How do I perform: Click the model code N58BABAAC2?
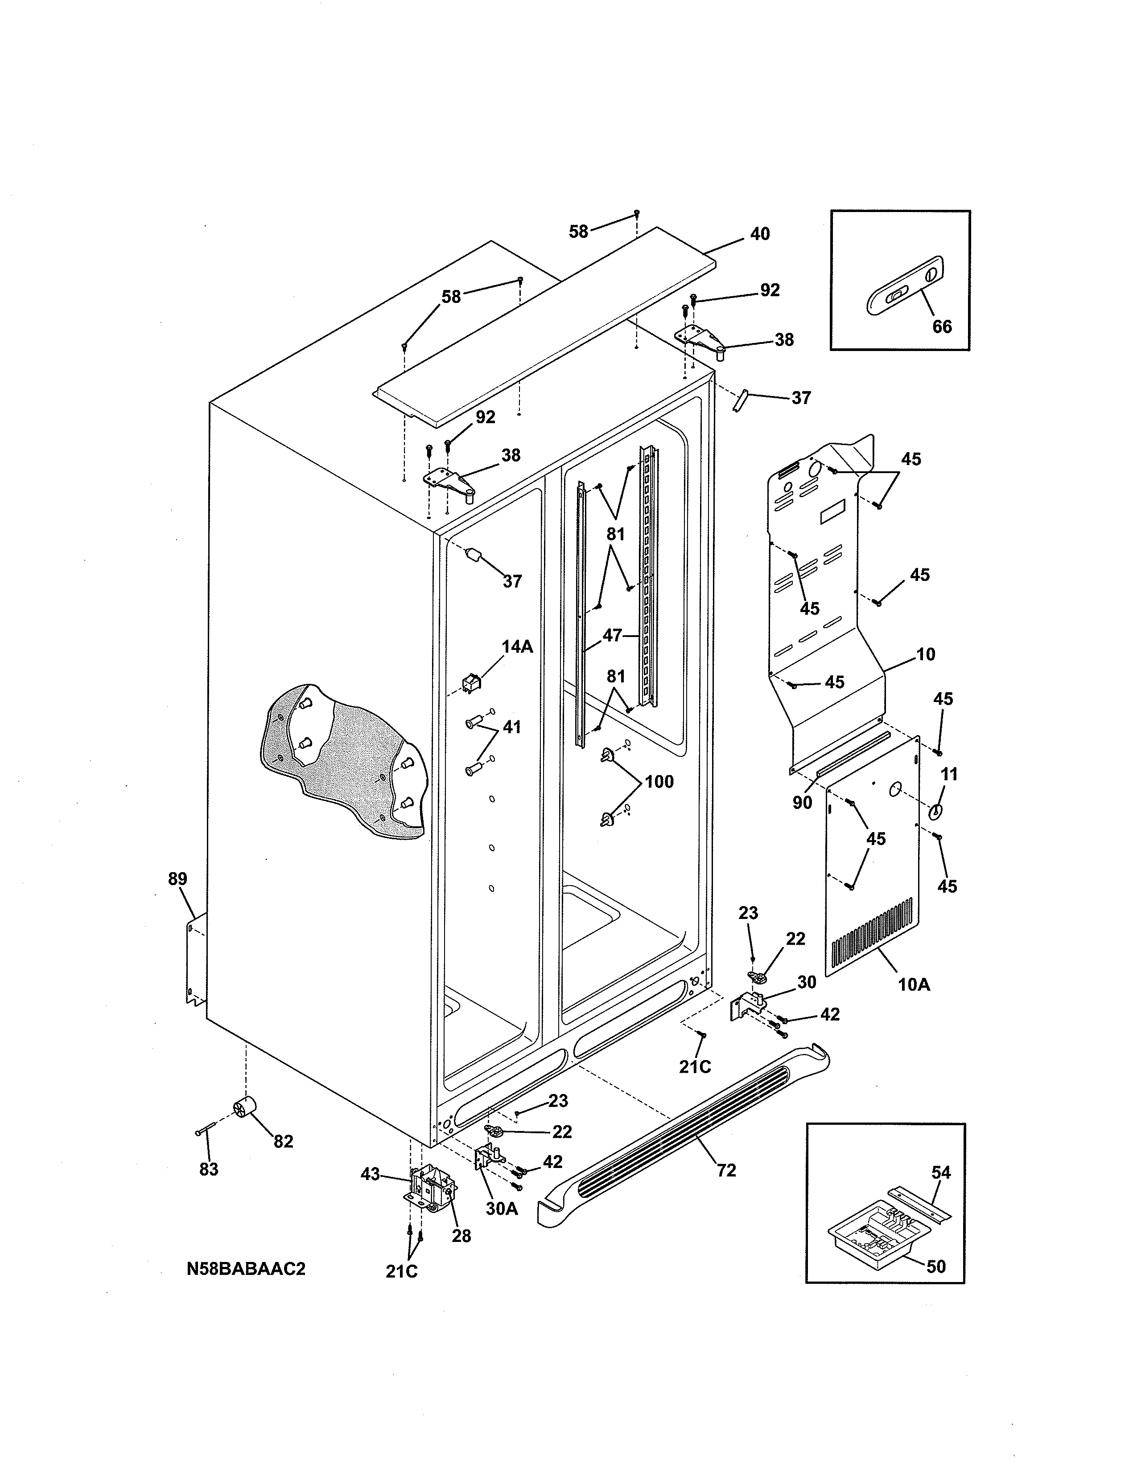[x=246, y=1269]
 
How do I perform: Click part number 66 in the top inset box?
[x=942, y=327]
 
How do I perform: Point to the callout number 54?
[x=941, y=1172]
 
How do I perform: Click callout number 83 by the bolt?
[x=209, y=1170]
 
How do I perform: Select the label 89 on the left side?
[x=178, y=879]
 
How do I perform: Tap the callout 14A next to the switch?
[x=517, y=647]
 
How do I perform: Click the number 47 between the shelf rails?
[x=612, y=635]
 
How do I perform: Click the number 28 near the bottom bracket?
[x=461, y=1237]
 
